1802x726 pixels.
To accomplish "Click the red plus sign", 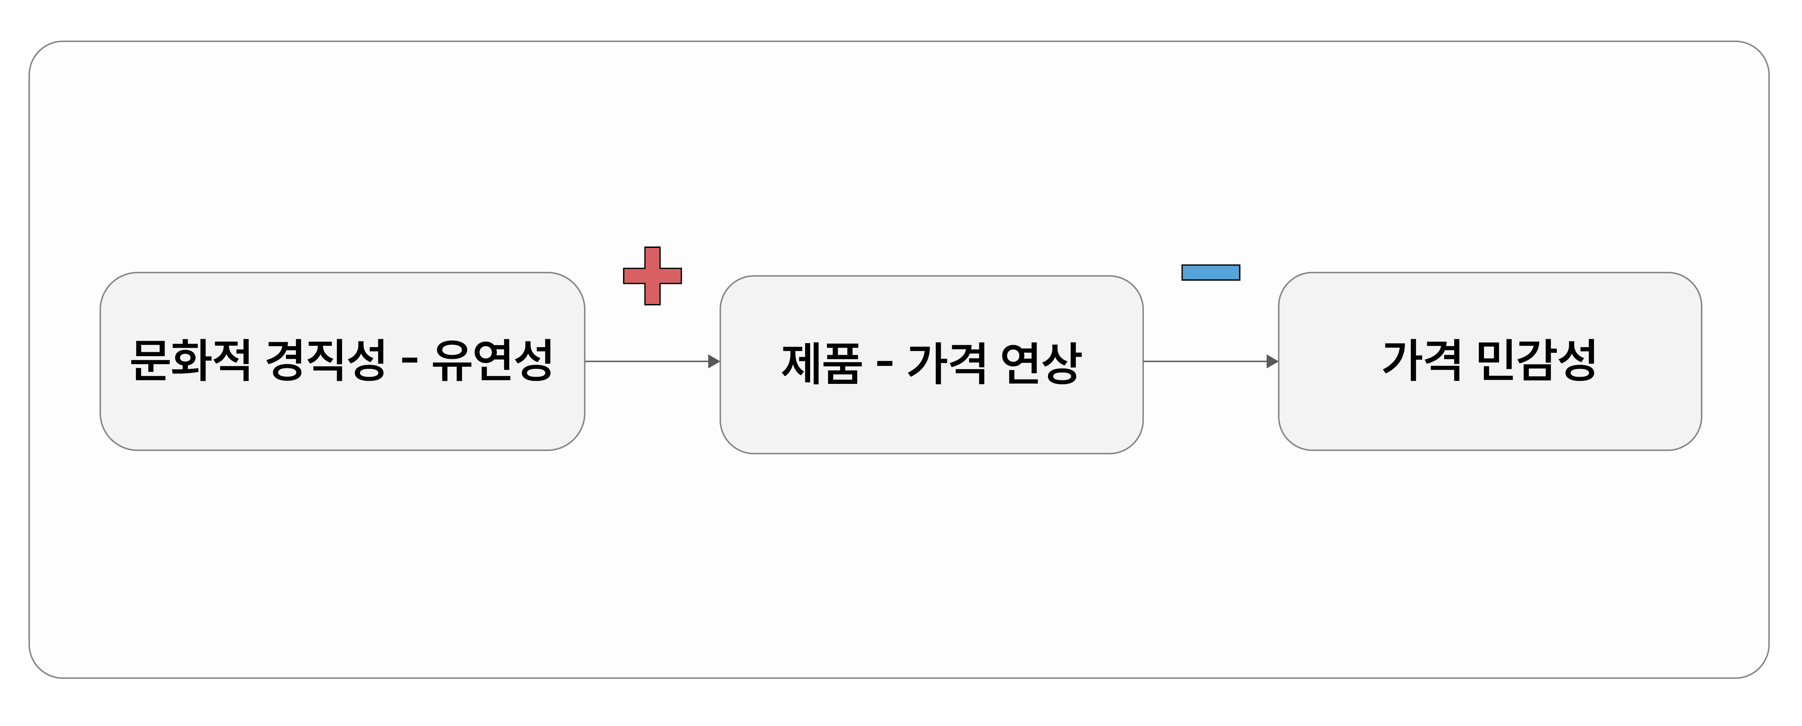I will coord(652,276).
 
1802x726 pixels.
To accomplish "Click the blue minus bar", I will coord(1210,272).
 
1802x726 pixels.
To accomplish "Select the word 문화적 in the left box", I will coord(190,361).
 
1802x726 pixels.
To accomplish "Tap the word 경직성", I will coord(325,361).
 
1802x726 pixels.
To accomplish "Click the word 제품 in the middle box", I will coord(821,364).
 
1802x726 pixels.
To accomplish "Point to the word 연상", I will coord(1041,364).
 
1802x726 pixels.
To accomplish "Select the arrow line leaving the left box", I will coord(643,361).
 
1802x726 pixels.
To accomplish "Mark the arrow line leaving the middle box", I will coord(1203,361).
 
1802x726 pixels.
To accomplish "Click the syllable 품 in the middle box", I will coord(842,364).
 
